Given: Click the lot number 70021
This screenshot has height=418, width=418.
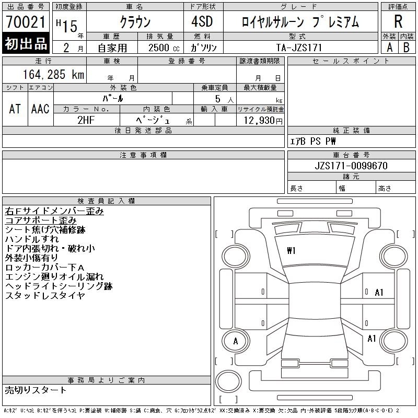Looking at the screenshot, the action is point(26,22).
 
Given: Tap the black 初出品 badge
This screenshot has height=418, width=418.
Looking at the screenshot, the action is point(26,43).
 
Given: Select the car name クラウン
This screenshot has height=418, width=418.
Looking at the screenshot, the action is point(135,22).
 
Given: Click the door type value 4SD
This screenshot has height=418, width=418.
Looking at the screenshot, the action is point(202,21).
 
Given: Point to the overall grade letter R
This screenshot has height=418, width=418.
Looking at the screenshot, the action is point(398,21).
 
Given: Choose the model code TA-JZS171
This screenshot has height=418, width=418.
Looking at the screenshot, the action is point(299,48).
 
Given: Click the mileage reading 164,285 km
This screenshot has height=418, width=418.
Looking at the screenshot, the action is point(53,74).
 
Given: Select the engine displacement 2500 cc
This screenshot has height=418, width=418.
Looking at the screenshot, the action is point(164,48).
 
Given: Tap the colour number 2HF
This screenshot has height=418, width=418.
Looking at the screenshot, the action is point(86,120).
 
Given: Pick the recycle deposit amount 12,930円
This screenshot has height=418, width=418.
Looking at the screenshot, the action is point(263,121).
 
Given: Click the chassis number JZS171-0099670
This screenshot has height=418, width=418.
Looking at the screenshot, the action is point(351,166).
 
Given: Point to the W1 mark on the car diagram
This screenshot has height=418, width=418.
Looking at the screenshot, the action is point(291,251).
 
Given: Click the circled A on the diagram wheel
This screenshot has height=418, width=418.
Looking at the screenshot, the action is point(236,341).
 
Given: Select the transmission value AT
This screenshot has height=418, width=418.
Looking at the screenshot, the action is point(15,109).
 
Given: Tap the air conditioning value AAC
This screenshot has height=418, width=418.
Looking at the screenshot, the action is point(40,109).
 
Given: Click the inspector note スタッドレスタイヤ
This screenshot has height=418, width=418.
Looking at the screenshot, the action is point(45,295).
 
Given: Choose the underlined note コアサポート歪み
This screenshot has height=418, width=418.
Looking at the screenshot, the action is point(41,220).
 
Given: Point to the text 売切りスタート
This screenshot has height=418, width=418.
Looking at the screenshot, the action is point(36,390).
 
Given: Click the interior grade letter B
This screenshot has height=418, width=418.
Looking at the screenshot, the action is point(407,48).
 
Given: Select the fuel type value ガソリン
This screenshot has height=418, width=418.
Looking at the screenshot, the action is point(203,48).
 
